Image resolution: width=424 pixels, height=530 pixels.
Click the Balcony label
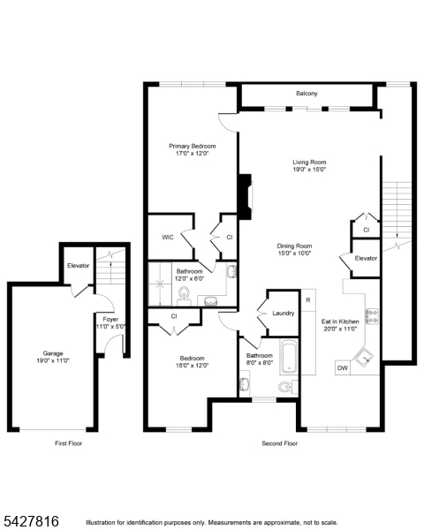pyautogui.click(x=307, y=94)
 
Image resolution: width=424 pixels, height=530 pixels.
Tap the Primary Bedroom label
pyautogui.click(x=192, y=146)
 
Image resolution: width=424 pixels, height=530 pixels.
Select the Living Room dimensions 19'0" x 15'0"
pyautogui.click(x=309, y=170)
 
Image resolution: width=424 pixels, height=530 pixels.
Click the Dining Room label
pyautogui.click(x=294, y=246)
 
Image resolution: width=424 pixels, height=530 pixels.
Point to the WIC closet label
pyautogui.click(x=168, y=238)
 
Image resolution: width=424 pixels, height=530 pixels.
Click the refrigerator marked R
pyautogui.click(x=308, y=299)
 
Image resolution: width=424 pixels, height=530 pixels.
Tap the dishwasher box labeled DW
pyautogui.click(x=343, y=368)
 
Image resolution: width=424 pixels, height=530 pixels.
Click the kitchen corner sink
pyautogui.click(x=364, y=358)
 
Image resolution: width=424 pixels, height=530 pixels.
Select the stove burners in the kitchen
pyautogui.click(x=372, y=316)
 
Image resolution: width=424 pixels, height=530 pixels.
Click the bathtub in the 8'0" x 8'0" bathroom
pyautogui.click(x=289, y=357)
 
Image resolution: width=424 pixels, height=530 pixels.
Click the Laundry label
pyautogui.click(x=284, y=313)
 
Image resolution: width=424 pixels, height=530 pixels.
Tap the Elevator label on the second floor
pyautogui.click(x=366, y=258)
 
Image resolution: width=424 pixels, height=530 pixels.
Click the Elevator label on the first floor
pyautogui.click(x=78, y=266)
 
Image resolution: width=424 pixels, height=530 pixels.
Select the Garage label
pyautogui.click(x=53, y=353)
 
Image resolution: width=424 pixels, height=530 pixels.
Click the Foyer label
pyautogui.click(x=110, y=319)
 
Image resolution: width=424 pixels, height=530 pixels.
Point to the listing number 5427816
pyautogui.click(x=30, y=521)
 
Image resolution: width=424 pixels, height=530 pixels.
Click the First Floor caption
pyautogui.click(x=68, y=443)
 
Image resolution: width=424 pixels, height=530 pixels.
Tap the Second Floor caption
pyautogui.click(x=280, y=443)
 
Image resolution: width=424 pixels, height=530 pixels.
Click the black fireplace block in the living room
pyautogui.click(x=245, y=197)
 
